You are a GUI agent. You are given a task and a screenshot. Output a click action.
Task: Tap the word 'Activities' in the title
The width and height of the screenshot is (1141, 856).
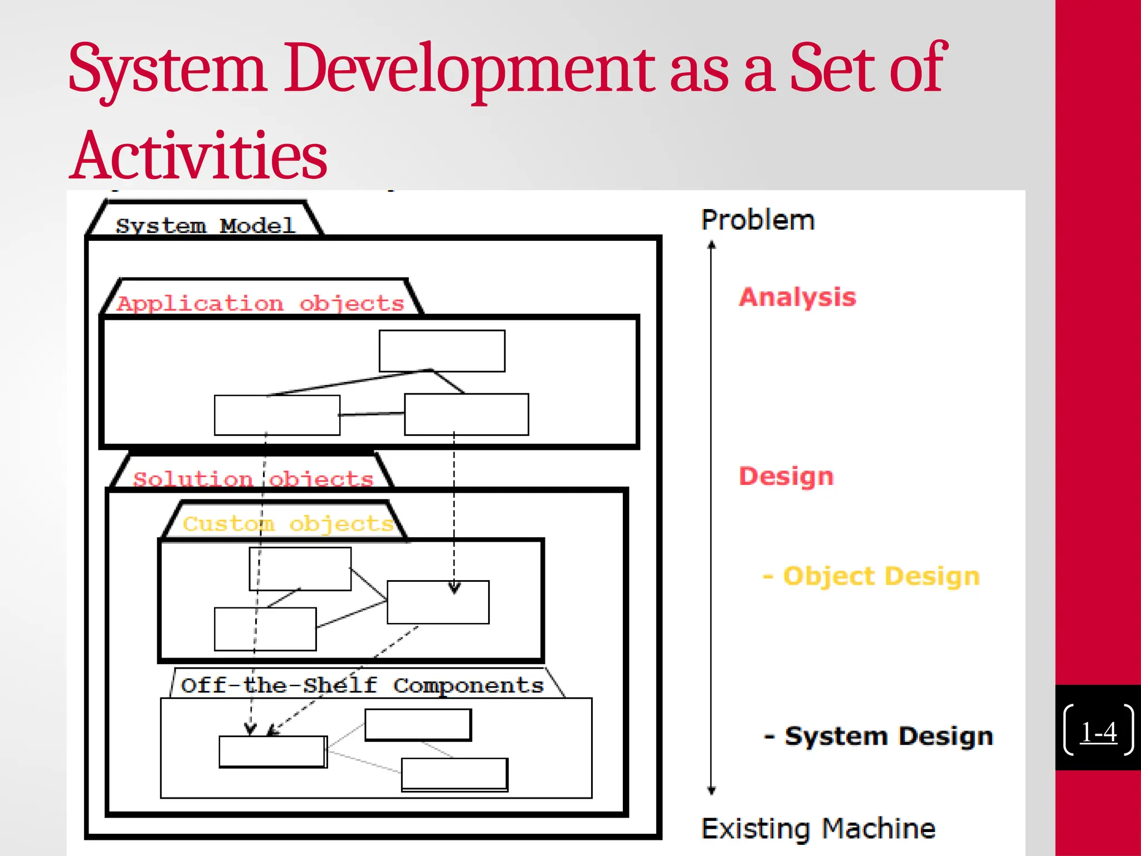[x=199, y=156]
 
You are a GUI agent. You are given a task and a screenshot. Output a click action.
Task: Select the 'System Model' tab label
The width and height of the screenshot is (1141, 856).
[x=205, y=225]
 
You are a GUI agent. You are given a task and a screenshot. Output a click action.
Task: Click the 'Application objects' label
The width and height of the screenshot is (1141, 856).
[x=260, y=303]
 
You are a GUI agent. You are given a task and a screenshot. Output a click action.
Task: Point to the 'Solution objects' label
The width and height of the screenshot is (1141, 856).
[x=253, y=479]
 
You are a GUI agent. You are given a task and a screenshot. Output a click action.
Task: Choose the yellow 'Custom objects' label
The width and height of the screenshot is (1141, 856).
[x=287, y=523]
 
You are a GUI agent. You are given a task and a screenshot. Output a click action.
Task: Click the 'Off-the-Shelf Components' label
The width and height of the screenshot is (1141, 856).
[x=362, y=685]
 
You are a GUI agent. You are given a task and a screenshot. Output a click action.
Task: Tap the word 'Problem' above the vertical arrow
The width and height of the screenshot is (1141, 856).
[x=758, y=220]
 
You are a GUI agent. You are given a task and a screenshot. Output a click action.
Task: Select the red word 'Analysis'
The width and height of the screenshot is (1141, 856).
[x=797, y=296]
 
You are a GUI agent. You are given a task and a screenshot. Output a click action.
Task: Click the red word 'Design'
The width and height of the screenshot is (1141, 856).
[x=786, y=476]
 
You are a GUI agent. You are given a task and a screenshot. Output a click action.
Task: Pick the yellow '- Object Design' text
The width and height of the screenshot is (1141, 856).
[x=871, y=576]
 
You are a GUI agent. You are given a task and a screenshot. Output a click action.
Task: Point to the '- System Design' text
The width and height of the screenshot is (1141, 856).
[x=879, y=736]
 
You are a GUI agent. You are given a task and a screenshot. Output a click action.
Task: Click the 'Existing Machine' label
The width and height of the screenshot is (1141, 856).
[x=818, y=828]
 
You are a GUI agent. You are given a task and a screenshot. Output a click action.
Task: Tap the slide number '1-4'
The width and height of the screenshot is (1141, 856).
[x=1098, y=732]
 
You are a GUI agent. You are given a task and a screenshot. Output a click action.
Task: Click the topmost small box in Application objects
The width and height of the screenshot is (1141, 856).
[x=442, y=351]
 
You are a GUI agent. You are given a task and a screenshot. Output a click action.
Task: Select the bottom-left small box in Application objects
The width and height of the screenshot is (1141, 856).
[x=277, y=415]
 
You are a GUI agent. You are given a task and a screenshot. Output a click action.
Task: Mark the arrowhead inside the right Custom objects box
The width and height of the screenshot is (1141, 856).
[x=454, y=587]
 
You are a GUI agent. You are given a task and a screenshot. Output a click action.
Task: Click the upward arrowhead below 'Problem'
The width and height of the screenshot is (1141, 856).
[x=711, y=245]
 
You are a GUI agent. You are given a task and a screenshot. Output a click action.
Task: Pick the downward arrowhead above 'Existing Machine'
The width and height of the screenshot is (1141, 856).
[x=711, y=790]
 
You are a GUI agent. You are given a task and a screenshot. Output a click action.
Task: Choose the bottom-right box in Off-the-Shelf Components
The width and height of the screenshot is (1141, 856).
[x=454, y=774]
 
